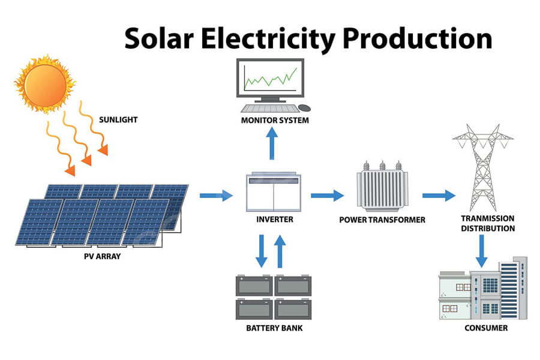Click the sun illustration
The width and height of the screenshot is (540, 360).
coord(45,85)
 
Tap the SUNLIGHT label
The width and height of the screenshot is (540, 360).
coord(118,120)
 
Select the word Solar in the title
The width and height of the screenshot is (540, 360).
coord(159,38)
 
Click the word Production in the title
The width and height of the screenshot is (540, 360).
coord(418,38)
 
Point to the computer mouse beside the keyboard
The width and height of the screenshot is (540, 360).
coord(304,108)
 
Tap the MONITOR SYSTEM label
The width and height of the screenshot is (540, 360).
coord(275,120)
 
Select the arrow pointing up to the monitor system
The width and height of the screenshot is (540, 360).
coord(272,143)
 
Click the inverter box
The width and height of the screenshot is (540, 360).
coord(274,192)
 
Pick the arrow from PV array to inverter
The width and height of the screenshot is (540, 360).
coord(216,196)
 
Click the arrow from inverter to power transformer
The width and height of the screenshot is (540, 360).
coord(327,196)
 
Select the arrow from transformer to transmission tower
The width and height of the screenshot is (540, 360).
coord(439,196)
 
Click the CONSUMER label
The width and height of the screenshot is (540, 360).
coord(486,328)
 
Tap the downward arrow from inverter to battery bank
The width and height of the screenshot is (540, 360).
coord(262,251)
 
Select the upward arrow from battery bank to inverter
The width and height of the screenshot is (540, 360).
coord(280,251)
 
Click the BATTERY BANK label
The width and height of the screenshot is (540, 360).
coord(274,328)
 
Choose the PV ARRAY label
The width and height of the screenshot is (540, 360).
coord(102,256)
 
